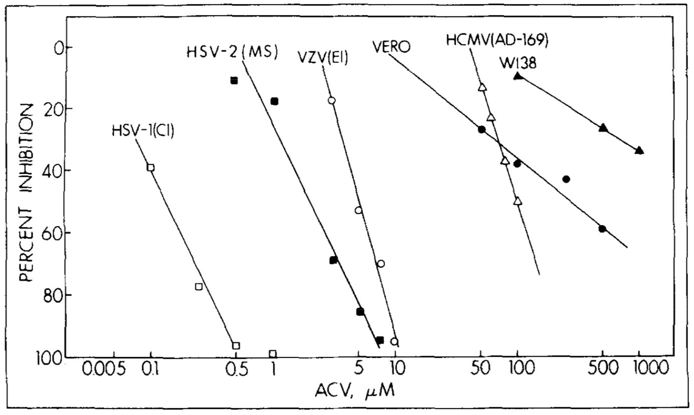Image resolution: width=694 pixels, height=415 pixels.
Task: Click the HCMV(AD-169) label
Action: [x=497, y=40]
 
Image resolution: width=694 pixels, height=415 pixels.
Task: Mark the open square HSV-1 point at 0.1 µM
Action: [x=150, y=167]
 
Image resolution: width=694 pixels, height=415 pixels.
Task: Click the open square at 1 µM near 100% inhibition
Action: [x=273, y=354]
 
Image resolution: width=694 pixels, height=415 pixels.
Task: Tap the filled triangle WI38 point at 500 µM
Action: [x=603, y=128]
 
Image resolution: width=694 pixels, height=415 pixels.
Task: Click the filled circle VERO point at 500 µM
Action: [x=602, y=229]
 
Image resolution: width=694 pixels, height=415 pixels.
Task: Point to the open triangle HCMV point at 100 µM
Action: [x=518, y=201]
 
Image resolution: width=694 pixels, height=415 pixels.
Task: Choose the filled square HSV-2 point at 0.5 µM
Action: [x=234, y=80]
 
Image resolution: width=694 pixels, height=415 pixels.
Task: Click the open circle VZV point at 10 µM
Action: [x=395, y=342]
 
